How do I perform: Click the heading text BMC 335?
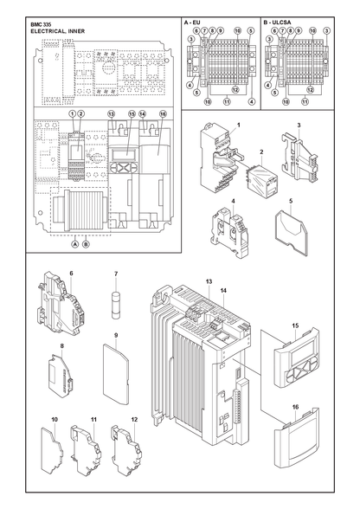(x=41, y=24)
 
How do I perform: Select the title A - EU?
(x=192, y=23)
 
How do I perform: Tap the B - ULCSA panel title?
(x=277, y=23)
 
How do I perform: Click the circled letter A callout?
(x=75, y=244)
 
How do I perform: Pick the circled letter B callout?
(x=86, y=244)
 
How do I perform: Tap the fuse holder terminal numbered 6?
(x=60, y=301)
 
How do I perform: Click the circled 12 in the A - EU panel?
(x=235, y=90)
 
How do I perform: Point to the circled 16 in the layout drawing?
(x=163, y=114)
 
